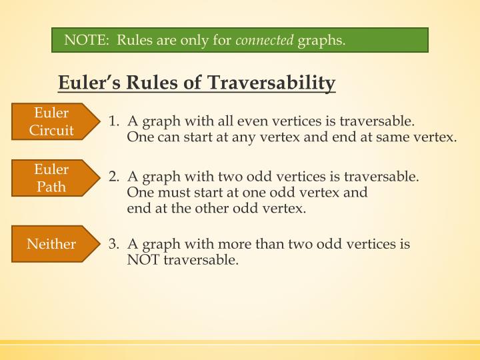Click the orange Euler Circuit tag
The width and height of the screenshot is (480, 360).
51,121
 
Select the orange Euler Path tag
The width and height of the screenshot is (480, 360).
51,177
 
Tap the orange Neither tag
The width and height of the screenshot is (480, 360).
51,244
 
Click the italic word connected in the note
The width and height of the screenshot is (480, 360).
265,41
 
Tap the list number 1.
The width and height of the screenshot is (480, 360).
113,122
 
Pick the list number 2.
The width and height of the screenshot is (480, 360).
113,177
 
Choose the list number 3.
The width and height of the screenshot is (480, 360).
113,244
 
